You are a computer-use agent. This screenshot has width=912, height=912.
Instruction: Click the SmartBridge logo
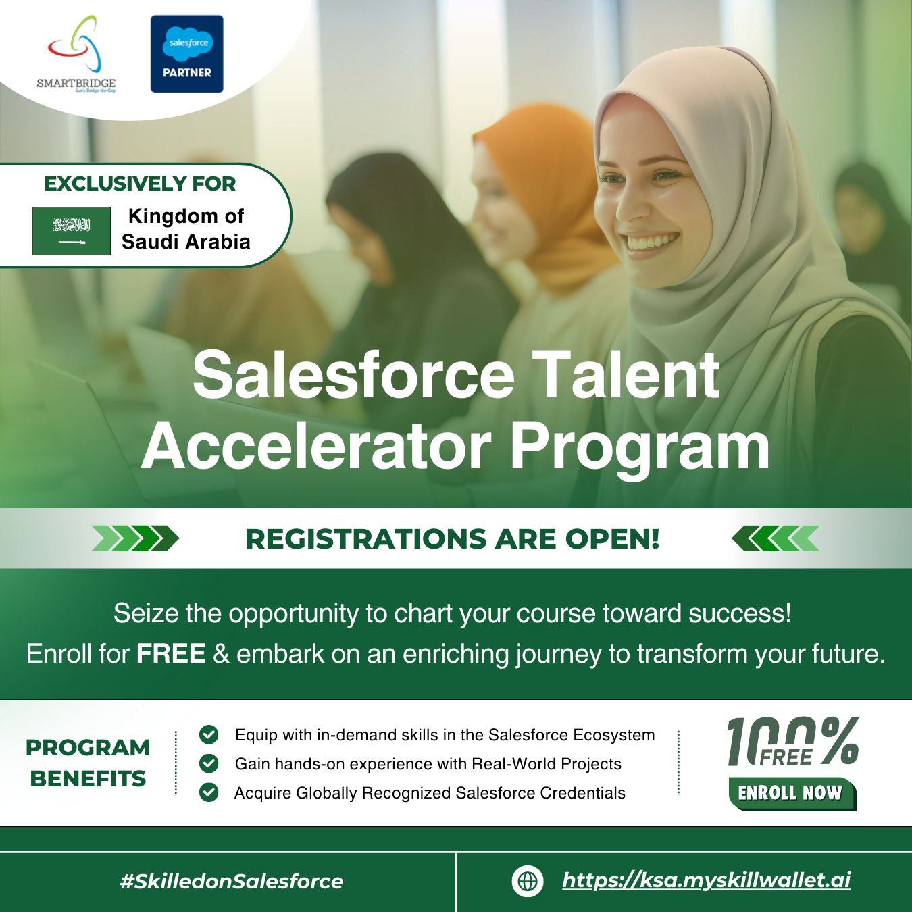pos(76,54)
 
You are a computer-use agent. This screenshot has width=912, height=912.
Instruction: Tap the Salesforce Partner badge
pos(186,54)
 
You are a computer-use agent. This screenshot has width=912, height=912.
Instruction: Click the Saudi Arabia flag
pos(71,230)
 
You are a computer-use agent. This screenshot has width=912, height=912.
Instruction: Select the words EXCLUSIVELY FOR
pos(140,184)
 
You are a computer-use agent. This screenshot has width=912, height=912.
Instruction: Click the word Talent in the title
pos(626,375)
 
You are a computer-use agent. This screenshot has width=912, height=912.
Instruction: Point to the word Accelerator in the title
pos(316,447)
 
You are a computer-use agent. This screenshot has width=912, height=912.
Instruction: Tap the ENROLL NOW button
pos(790,793)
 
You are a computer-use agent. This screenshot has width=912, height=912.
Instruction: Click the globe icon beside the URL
pos(527,881)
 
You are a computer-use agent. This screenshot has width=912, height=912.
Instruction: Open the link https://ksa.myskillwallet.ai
pos(706,880)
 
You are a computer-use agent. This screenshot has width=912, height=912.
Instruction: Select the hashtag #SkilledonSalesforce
pos(231,881)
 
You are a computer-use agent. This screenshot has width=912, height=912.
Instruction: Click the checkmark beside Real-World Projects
pos(209,763)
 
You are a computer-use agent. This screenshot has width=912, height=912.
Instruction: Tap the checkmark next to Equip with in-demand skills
pos(209,734)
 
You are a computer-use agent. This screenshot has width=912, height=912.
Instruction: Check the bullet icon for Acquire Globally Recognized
pos(209,792)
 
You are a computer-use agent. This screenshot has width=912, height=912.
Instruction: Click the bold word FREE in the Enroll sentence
pos(171,654)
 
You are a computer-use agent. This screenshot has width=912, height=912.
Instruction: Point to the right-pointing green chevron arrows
pos(135,538)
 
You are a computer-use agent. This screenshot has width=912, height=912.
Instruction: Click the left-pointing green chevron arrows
pos(776,538)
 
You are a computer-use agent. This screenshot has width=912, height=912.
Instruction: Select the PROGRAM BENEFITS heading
pos(88,763)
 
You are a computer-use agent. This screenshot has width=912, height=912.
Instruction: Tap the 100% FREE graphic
pos(792,742)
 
